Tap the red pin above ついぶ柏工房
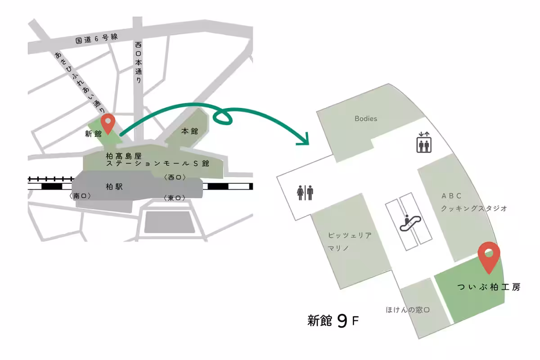click(489, 256)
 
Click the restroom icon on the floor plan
click(305, 193)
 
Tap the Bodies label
click(365, 119)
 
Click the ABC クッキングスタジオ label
click(474, 202)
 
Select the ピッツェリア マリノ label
click(350, 242)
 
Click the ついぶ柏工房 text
click(489, 287)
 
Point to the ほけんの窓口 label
click(408, 310)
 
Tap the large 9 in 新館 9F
click(342, 321)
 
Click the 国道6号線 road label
click(96, 39)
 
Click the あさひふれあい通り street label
click(81, 82)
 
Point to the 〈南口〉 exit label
click(81, 196)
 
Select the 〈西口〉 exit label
click(175, 177)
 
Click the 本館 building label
click(189, 131)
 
